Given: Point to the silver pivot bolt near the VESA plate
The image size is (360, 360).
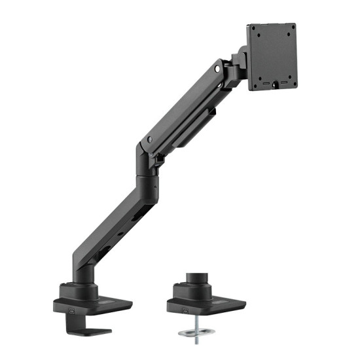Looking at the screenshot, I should (217, 68).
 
